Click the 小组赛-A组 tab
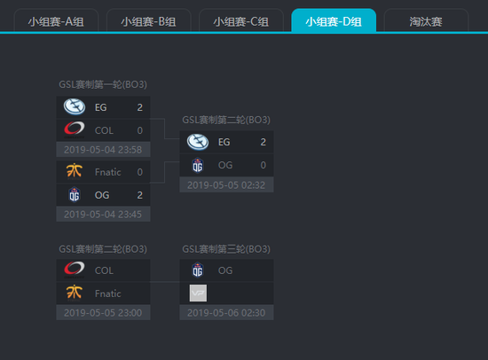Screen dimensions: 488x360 (x=56, y=21)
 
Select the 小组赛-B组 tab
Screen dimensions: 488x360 (x=148, y=21)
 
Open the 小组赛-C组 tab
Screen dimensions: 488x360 (x=240, y=21)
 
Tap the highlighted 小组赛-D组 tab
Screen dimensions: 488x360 (x=334, y=21)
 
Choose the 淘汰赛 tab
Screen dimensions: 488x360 (x=426, y=21)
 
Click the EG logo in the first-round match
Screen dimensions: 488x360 (x=75, y=106)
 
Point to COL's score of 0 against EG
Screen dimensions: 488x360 (x=140, y=130)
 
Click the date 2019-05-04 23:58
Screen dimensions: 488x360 (x=103, y=150)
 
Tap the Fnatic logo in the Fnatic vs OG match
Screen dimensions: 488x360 (x=74, y=171)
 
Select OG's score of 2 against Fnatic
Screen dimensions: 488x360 (x=140, y=195)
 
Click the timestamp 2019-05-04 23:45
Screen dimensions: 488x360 (x=103, y=215)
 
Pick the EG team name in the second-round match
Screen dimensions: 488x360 (x=224, y=142)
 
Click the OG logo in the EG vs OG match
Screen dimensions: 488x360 (x=198, y=165)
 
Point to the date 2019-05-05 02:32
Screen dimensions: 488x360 (x=226, y=185)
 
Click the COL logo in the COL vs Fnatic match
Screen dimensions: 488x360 (x=74, y=270)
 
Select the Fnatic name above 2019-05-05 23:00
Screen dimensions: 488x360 (x=108, y=293)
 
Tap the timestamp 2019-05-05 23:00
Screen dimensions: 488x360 (x=103, y=313)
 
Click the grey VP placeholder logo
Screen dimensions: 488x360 (x=198, y=293)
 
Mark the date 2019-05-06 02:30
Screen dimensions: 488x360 (x=226, y=313)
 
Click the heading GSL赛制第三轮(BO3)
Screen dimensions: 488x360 (x=226, y=249)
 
